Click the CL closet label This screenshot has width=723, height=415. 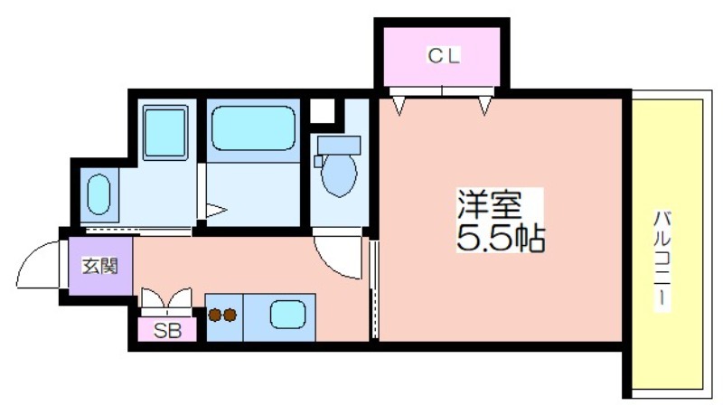[x=444, y=56]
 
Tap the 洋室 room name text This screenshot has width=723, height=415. [x=490, y=204]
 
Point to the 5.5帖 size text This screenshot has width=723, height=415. [x=501, y=237]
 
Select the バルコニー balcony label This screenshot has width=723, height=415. [x=662, y=261]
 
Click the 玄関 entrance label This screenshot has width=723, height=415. [x=100, y=266]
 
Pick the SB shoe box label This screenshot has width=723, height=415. [x=167, y=330]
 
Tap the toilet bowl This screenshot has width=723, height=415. [x=339, y=174]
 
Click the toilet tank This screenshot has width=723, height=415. [x=339, y=145]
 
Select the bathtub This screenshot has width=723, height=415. [x=253, y=128]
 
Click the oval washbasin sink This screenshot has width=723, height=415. [x=99, y=194]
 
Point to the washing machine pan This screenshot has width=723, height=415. [x=165, y=133]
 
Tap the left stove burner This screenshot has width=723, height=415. [x=214, y=316]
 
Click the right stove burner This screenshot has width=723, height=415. [x=230, y=316]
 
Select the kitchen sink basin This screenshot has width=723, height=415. [x=287, y=315]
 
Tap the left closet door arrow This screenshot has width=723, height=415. [x=399, y=105]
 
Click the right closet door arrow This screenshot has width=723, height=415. [x=484, y=105]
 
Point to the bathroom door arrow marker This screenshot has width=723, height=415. [x=216, y=211]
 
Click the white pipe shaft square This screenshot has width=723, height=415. [x=322, y=110]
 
